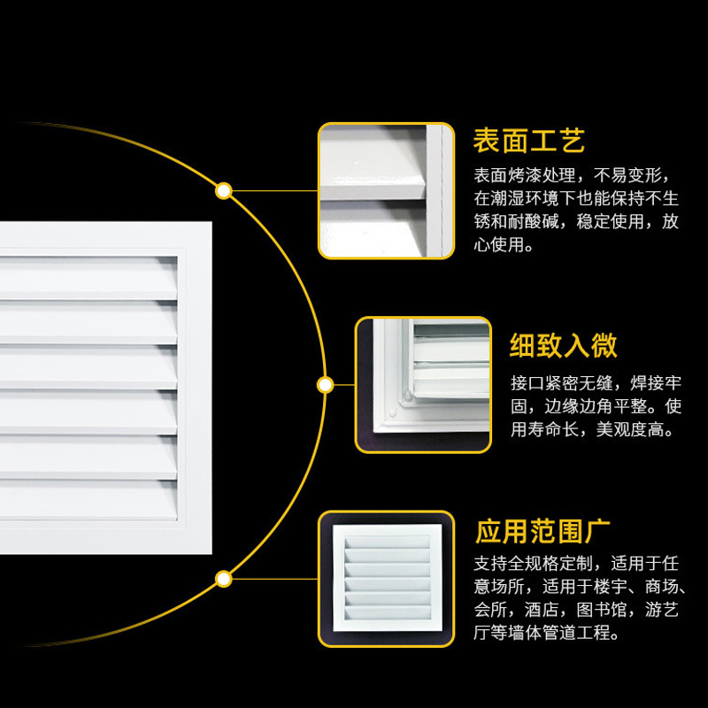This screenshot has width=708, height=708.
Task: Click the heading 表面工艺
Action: click(x=529, y=141)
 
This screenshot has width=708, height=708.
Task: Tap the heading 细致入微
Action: click(x=563, y=345)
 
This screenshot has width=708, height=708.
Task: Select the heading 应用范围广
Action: click(x=543, y=532)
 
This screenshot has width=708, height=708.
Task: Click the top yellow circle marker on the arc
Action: click(x=224, y=190)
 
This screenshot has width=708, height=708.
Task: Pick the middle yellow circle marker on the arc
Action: click(x=325, y=385)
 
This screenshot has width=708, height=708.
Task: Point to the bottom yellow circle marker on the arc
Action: click(x=224, y=579)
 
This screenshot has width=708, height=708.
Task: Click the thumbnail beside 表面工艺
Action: click(x=386, y=190)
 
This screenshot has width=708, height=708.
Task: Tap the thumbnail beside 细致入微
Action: click(x=423, y=385)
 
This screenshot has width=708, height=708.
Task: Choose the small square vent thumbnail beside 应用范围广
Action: click(x=386, y=578)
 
